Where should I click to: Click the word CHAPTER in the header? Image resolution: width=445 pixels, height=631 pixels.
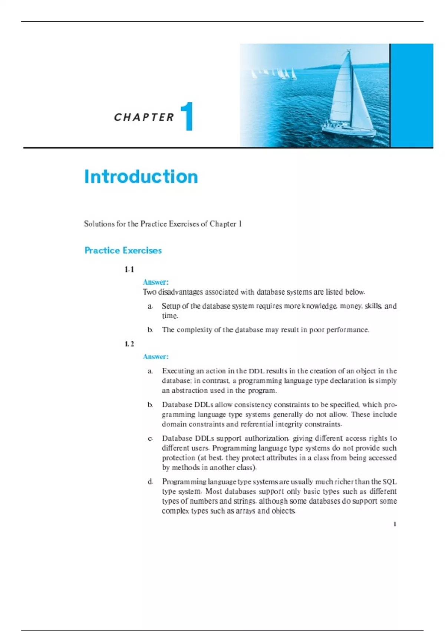point(144,117)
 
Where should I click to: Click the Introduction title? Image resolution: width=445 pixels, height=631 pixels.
point(141,177)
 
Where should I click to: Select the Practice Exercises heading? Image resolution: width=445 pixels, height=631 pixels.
point(123,251)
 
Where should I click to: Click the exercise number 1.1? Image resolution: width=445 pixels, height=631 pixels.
point(129,269)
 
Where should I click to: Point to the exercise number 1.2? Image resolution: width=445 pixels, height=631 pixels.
point(129,344)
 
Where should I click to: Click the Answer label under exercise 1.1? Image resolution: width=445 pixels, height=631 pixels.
point(156,282)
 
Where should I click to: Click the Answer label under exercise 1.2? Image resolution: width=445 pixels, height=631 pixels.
point(156,357)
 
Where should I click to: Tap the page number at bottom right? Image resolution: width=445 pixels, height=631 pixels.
point(395,524)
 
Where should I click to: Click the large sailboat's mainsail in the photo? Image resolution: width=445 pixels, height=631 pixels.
point(342,93)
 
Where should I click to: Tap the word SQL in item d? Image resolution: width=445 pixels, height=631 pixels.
point(389,482)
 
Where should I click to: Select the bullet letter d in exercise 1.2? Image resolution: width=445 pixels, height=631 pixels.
point(150,482)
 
